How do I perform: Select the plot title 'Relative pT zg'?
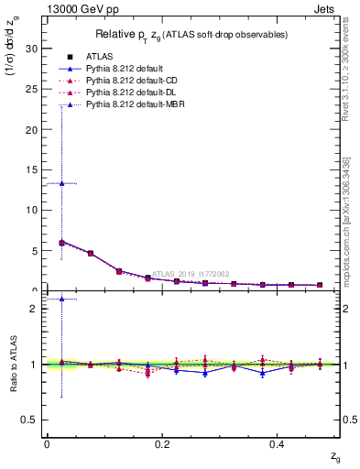pyautogui.click(x=192, y=34)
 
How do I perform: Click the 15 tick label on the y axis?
pyautogui.click(x=30, y=169)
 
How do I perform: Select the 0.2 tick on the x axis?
pyautogui.click(x=162, y=443)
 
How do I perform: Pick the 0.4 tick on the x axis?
pyautogui.click(x=277, y=443)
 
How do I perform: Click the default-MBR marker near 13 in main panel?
pyautogui.click(x=61, y=183)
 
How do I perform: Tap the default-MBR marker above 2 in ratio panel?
pyautogui.click(x=61, y=299)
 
